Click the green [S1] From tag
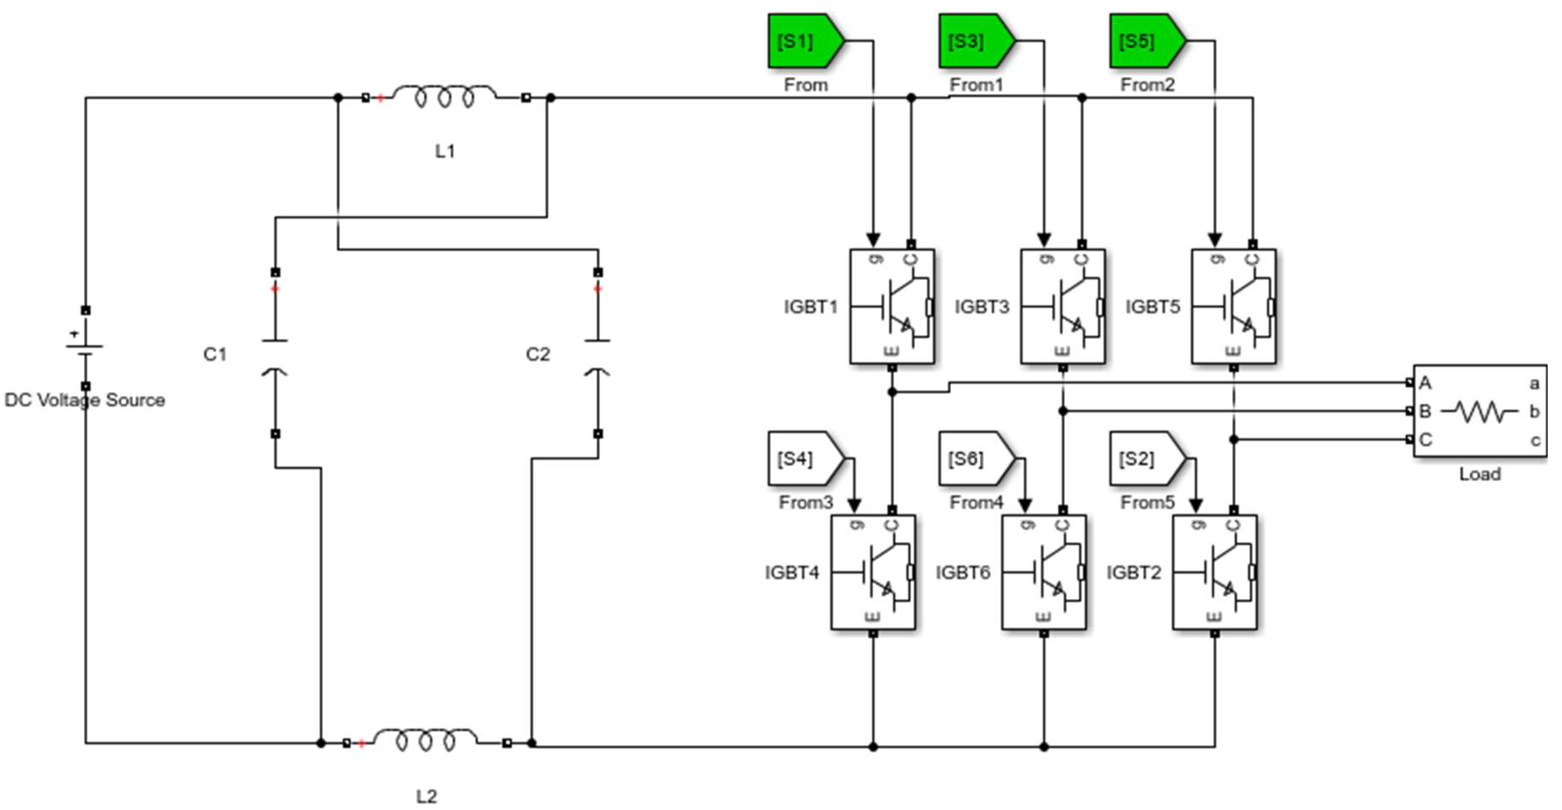pos(806,41)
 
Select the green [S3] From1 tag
pos(977,41)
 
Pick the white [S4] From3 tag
pos(806,458)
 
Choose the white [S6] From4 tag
pos(977,458)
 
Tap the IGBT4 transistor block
pos(873,572)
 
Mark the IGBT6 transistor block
pos(1044,572)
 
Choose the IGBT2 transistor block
pos(1215,572)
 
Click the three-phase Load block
pos(1480,411)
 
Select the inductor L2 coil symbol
pos(426,741)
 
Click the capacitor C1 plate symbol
pos(275,357)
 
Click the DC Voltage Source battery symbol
pos(85,347)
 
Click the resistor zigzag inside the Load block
pos(1480,412)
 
